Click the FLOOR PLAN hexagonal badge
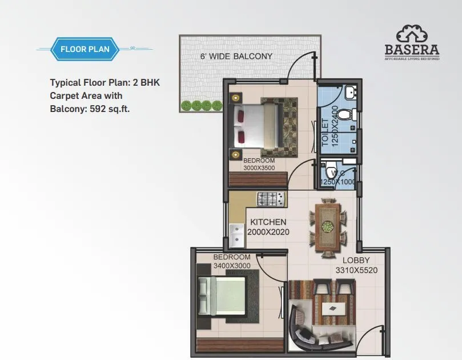click(x=85, y=49)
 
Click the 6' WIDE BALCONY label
click(x=236, y=57)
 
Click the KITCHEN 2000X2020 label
click(x=268, y=227)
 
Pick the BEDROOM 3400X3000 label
click(x=232, y=262)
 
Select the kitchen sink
click(x=236, y=234)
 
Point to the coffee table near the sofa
click(x=332, y=309)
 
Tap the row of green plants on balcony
click(x=201, y=105)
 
